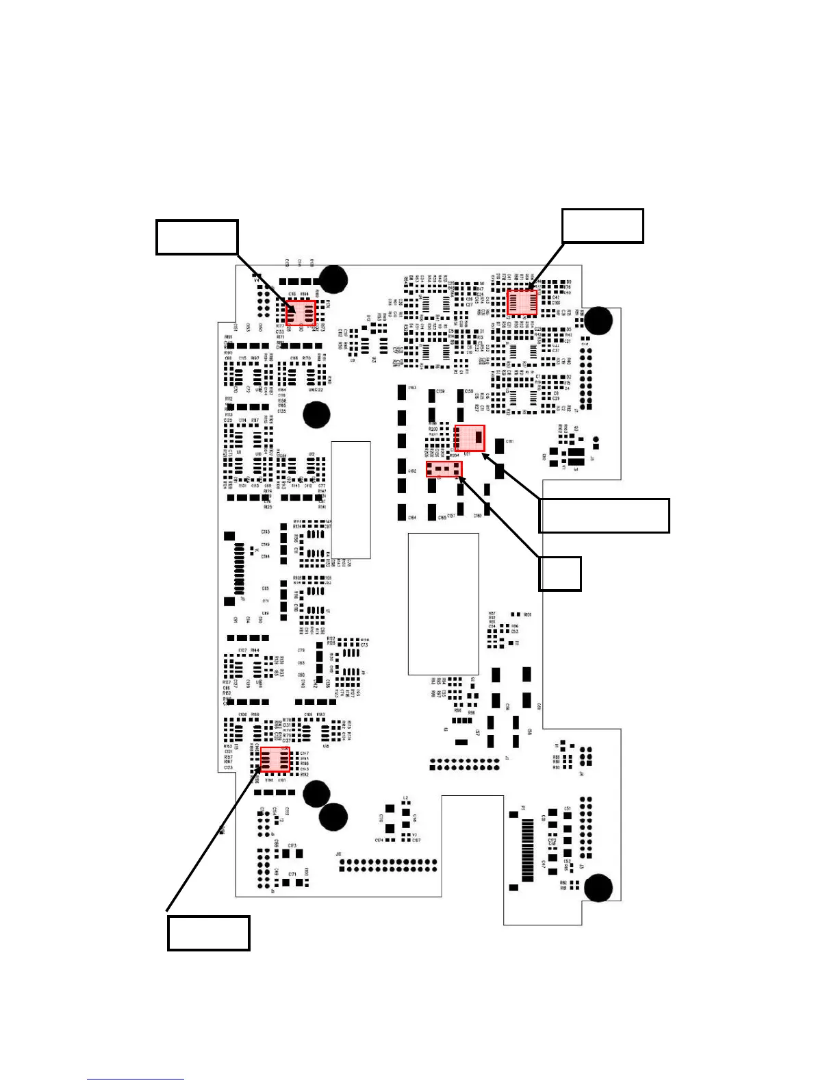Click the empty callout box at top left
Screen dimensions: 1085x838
coord(197,237)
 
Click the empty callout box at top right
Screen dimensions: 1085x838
coord(602,226)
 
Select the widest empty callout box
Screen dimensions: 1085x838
coord(604,516)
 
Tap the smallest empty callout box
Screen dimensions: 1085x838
coord(560,573)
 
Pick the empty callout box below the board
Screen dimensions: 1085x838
coord(208,932)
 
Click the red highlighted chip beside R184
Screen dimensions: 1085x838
coord(301,314)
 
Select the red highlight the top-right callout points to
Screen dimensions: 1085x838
coord(522,303)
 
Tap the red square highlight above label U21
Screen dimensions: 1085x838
coord(470,438)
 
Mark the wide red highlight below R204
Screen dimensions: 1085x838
coord(444,470)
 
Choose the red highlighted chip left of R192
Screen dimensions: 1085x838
coord(275,760)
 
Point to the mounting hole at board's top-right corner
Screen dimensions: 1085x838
coord(599,320)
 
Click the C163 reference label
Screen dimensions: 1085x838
coord(412,388)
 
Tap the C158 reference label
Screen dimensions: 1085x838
coord(469,391)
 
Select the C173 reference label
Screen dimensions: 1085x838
coord(292,846)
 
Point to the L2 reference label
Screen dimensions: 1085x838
coord(405,798)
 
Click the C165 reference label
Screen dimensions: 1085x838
coord(442,518)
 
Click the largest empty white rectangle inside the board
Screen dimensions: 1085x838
coord(443,604)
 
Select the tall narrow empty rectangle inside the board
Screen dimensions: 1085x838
coord(351,499)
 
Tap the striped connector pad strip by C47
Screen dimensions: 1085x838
coord(528,847)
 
